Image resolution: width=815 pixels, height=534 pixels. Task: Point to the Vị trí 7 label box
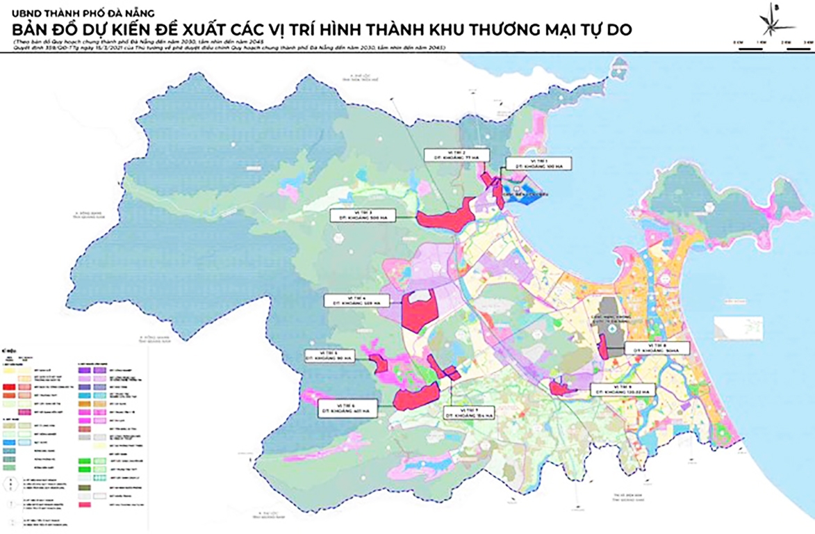pos(469,412)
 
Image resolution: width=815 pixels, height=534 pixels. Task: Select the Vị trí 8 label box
pos(657,348)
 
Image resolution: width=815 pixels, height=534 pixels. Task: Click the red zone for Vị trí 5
pos(379,365)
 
